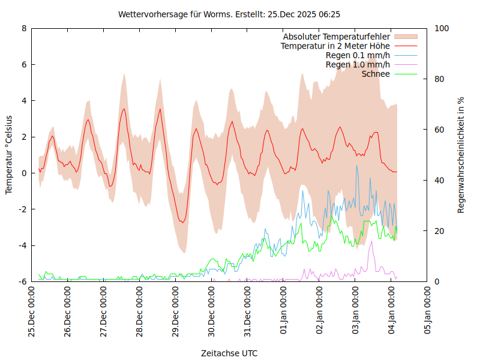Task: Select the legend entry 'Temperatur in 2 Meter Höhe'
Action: [x=335, y=46]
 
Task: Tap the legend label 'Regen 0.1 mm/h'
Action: [x=358, y=55]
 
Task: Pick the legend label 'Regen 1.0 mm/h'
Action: [x=358, y=64]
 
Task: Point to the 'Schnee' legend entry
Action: [x=376, y=74]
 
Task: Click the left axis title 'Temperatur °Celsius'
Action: [x=9, y=155]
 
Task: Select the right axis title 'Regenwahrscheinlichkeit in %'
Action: [x=461, y=155]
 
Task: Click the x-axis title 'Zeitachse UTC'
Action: [x=229, y=353]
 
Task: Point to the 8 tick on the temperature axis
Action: [x=24, y=28]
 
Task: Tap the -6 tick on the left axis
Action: [x=22, y=281]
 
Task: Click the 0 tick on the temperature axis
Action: [x=24, y=173]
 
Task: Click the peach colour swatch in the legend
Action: [x=405, y=37]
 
